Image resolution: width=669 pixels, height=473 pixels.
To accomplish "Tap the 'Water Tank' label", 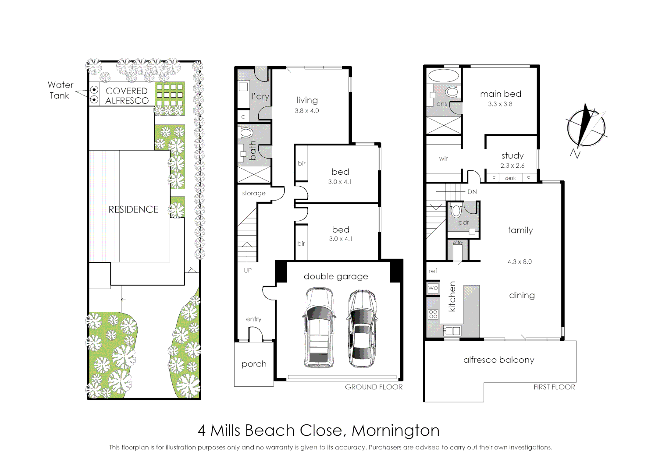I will pyautogui.click(x=60, y=90).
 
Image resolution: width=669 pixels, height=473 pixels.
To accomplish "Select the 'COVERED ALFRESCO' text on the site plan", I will pyautogui.click(x=127, y=95).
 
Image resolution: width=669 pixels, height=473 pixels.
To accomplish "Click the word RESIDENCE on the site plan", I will pyautogui.click(x=133, y=209).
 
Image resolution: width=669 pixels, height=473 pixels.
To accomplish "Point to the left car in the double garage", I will pyautogui.click(x=319, y=327).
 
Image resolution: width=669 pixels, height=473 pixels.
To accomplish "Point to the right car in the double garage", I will pyautogui.click(x=362, y=328).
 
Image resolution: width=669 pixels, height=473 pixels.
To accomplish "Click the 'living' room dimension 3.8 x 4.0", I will pyautogui.click(x=306, y=111).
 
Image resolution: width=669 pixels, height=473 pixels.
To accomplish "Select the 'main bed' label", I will pyautogui.click(x=500, y=94).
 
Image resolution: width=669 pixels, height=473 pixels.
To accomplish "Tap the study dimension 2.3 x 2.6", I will pyautogui.click(x=512, y=166).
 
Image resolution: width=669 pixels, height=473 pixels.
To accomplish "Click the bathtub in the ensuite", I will pyautogui.click(x=444, y=75).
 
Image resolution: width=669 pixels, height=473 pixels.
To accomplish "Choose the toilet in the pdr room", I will pyautogui.click(x=456, y=211).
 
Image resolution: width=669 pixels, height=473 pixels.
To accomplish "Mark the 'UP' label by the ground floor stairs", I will pyautogui.click(x=248, y=270).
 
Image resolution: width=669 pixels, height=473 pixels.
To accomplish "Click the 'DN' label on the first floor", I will pyautogui.click(x=472, y=192).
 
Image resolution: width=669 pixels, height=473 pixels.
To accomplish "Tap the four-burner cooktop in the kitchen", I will pyautogui.click(x=433, y=314).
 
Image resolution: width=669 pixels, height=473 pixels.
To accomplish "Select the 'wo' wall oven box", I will pyautogui.click(x=433, y=288).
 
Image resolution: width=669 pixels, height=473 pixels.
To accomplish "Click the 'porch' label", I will pyautogui.click(x=254, y=364).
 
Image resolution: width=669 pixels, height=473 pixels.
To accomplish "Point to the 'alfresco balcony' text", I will pyautogui.click(x=498, y=360).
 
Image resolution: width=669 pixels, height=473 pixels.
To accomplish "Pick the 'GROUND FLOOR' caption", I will pyautogui.click(x=374, y=387).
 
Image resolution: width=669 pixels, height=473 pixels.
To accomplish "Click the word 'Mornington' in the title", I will pyautogui.click(x=395, y=431).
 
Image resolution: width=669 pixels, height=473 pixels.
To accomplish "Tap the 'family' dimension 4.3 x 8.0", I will pyautogui.click(x=520, y=262).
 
